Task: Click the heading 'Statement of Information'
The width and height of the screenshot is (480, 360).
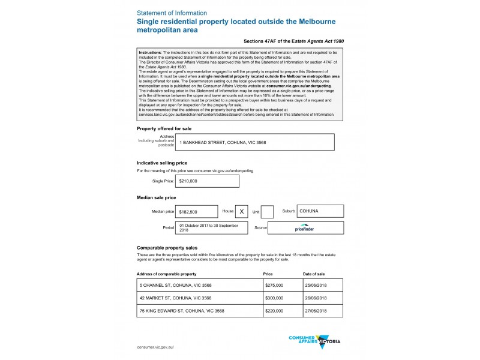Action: [172, 13]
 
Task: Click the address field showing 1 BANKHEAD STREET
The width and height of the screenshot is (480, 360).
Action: [254, 142]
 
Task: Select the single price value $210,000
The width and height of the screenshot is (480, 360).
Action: [207, 181]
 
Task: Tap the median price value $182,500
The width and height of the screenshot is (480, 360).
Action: [196, 212]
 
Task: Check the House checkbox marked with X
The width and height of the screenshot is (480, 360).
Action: [242, 212]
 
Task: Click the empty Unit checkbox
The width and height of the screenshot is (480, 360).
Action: [268, 212]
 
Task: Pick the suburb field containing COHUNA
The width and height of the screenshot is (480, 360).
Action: [320, 211]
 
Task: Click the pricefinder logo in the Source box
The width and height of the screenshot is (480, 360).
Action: [305, 229]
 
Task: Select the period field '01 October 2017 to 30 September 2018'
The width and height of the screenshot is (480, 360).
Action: [212, 228]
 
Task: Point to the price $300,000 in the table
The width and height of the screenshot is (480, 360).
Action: [274, 298]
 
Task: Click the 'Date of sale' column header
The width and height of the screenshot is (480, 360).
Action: [314, 274]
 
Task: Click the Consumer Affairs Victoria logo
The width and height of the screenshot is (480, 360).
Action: [314, 341]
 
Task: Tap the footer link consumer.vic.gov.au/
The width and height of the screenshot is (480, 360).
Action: [155, 347]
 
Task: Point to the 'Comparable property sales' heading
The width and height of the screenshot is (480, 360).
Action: [167, 247]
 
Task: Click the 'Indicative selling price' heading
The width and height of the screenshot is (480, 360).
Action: [162, 163]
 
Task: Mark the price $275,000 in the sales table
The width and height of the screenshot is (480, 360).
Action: [274, 286]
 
